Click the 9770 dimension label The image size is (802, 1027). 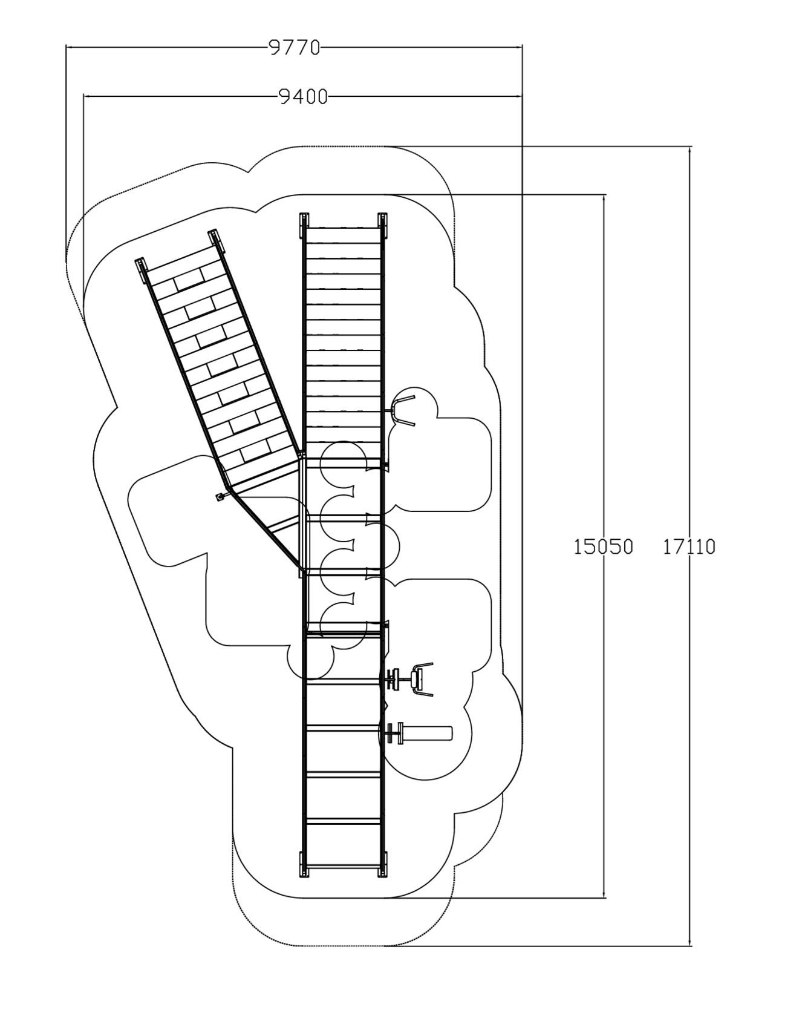pos(295,47)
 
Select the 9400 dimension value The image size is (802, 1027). pos(303,96)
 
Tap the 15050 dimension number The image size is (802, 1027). pos(603,546)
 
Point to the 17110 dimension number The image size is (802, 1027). pos(689,546)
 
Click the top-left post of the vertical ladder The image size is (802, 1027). pos(304,225)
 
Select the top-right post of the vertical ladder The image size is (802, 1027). pos(382,225)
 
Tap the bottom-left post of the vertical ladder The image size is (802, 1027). pos(304,864)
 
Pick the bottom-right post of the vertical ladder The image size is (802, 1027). pos(382,864)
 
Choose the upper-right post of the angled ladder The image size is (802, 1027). pos(216,241)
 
